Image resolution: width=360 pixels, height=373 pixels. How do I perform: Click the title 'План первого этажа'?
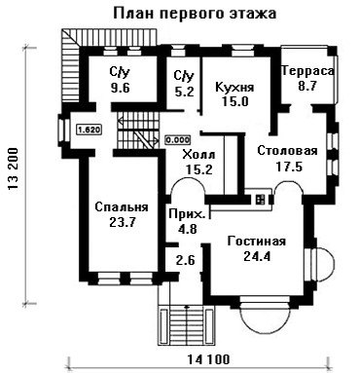pos(195,14)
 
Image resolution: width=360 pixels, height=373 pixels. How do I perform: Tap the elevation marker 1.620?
pos(89,131)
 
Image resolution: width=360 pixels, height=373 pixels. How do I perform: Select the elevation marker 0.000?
pos(178,140)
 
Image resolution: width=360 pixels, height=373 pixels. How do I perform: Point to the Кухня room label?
pos(235,88)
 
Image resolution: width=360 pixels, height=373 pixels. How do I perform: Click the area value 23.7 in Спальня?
pos(123,222)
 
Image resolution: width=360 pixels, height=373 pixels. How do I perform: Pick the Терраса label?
pos(307,71)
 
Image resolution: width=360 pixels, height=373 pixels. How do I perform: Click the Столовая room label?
pos(287,151)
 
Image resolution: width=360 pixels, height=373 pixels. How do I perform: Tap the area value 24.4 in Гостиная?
pos(257,257)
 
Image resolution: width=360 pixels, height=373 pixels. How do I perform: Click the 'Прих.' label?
pos(187,213)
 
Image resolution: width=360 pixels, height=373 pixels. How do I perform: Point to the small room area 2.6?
pos(186,260)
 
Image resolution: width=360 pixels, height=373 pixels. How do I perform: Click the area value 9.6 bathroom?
pos(120,88)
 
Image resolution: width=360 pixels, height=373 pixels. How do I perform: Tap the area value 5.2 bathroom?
pos(184,92)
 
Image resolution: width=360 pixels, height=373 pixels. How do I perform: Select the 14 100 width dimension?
pos(209,359)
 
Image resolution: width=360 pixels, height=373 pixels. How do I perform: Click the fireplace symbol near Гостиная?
pos(261,200)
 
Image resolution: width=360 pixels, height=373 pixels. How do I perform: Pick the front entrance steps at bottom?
pos(186,326)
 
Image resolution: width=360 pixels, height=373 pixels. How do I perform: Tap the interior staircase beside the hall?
pos(138,131)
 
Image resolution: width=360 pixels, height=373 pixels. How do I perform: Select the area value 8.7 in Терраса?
pos(307,86)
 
